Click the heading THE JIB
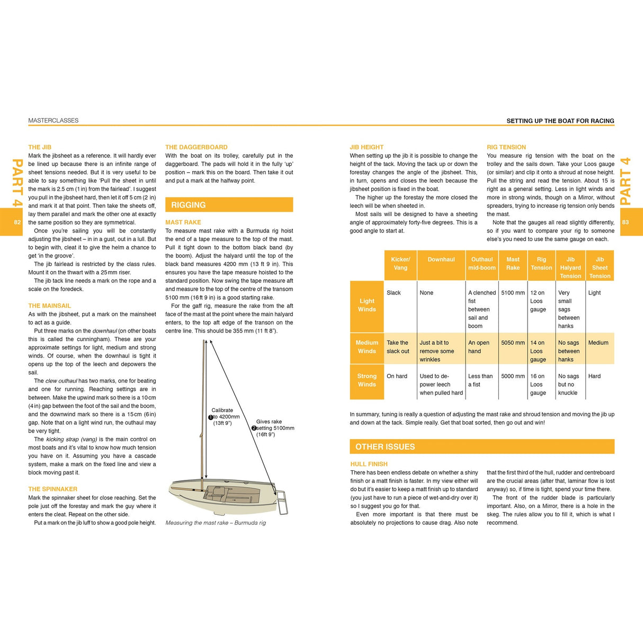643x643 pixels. pos(40,147)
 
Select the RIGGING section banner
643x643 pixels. pos(229,205)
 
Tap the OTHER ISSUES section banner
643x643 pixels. pos(481,446)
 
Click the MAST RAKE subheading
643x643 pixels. pos(183,222)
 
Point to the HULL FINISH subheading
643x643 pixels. pos(369,464)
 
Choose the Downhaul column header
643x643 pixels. pos(441,260)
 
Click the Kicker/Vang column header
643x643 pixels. pos(400,263)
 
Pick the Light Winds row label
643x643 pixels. pos(367,305)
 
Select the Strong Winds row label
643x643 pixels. pos(367,380)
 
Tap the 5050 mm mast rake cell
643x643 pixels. pos(513,343)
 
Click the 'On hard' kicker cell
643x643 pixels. pos(397,376)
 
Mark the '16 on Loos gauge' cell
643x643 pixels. pos(538,385)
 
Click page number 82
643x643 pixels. pos(17,222)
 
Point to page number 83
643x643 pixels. pos(626,222)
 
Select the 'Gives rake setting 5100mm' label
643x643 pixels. pos(273,428)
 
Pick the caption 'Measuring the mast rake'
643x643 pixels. pos(216,523)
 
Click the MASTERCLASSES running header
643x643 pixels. pos(53,121)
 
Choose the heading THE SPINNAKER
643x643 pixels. pos(53,489)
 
